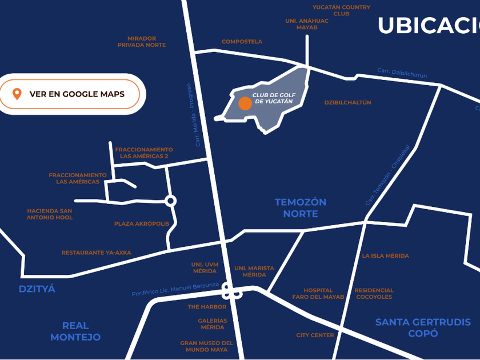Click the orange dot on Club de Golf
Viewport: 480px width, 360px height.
tap(245, 103)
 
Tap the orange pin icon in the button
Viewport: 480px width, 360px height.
tap(17, 94)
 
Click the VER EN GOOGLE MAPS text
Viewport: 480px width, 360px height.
tap(77, 94)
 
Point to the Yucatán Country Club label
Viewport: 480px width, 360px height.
tap(341, 10)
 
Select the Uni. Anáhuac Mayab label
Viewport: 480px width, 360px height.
tap(307, 24)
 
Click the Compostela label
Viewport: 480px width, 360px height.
tap(242, 42)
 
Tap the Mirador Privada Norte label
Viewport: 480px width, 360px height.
tap(142, 42)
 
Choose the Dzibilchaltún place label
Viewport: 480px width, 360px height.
tap(347, 103)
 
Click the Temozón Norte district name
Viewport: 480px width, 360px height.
tap(300, 208)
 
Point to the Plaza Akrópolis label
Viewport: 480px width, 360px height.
tap(142, 224)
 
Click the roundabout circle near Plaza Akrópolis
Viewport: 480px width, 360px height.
tap(170, 201)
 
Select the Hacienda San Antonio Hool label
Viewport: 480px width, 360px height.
tap(50, 214)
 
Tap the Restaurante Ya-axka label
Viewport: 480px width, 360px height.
tap(96, 253)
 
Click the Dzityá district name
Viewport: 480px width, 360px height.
tap(37, 289)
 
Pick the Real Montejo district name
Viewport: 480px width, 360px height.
tap(75, 331)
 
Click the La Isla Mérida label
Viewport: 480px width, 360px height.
tap(385, 256)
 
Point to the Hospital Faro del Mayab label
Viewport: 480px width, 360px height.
tap(318, 294)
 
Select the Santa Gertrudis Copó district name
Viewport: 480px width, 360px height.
tap(423, 328)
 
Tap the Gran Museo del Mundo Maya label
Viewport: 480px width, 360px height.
tap(206, 346)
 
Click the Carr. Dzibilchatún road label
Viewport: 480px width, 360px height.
tap(402, 73)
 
